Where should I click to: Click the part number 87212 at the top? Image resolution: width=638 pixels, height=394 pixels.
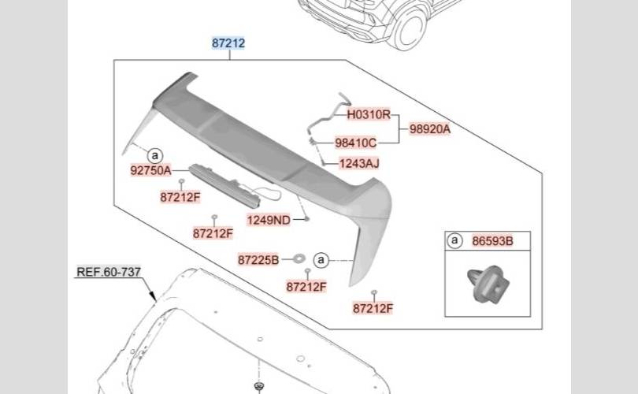(x=228, y=43)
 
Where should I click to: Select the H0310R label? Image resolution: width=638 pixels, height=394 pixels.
(x=369, y=114)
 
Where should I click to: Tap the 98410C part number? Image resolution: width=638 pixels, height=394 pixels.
(x=355, y=143)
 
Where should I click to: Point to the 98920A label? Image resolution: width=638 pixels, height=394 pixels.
(x=429, y=128)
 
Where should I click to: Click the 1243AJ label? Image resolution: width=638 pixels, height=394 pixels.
(x=358, y=164)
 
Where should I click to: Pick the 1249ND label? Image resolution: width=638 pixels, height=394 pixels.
(x=269, y=220)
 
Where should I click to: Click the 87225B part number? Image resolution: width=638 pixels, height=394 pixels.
(x=258, y=258)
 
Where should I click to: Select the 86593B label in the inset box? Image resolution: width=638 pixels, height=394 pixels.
(x=492, y=241)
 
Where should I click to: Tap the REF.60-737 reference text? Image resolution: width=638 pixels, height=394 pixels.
(x=108, y=273)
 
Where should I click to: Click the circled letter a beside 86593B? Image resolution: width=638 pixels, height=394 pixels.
(x=454, y=241)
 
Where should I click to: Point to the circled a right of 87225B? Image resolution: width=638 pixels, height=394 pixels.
(x=321, y=258)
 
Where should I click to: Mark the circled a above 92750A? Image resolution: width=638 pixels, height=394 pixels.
(x=155, y=155)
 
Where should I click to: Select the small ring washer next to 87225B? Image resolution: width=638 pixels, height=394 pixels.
(x=299, y=258)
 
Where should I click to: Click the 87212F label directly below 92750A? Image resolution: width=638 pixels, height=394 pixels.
(x=180, y=198)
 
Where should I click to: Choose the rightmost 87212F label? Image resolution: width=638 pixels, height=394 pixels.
(x=373, y=308)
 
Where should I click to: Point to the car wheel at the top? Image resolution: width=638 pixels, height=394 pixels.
(x=410, y=26)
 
